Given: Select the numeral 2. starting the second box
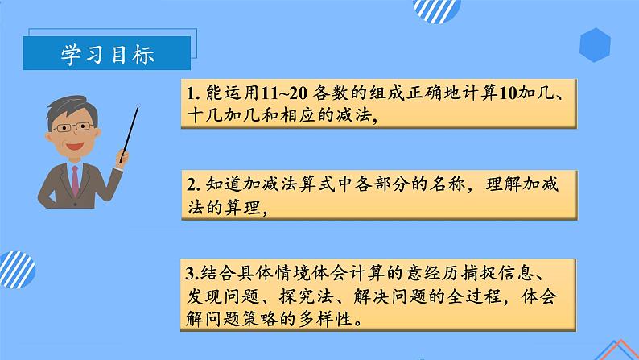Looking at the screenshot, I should point(192,184).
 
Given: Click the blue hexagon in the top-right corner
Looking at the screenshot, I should point(596,44).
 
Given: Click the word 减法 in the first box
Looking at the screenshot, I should point(357,116).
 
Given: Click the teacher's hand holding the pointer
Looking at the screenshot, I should point(122,154).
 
